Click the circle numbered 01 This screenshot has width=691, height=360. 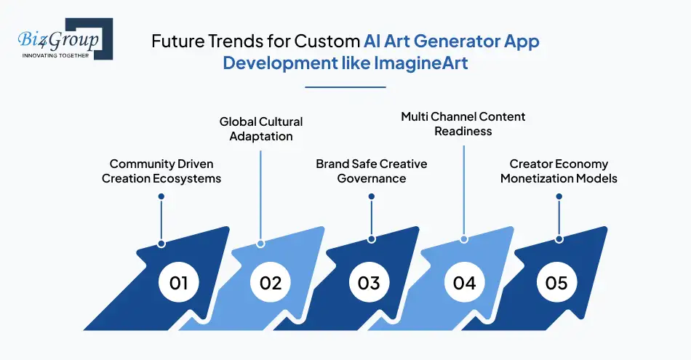[x=179, y=282]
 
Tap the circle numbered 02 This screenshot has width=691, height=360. [x=271, y=282]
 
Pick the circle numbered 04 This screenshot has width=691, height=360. [x=464, y=282]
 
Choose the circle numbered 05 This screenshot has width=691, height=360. [x=556, y=282]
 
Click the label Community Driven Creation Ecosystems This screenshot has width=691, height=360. [x=161, y=172]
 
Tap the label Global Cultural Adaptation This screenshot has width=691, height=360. [x=261, y=129]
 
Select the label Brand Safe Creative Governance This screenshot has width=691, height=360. [x=371, y=171]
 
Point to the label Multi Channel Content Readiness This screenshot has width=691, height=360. [x=463, y=124]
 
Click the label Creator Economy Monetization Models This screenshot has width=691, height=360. [x=559, y=171]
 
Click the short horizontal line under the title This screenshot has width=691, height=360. [x=345, y=87]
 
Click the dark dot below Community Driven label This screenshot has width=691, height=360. [x=161, y=196]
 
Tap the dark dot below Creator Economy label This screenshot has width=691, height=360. [x=559, y=196]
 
